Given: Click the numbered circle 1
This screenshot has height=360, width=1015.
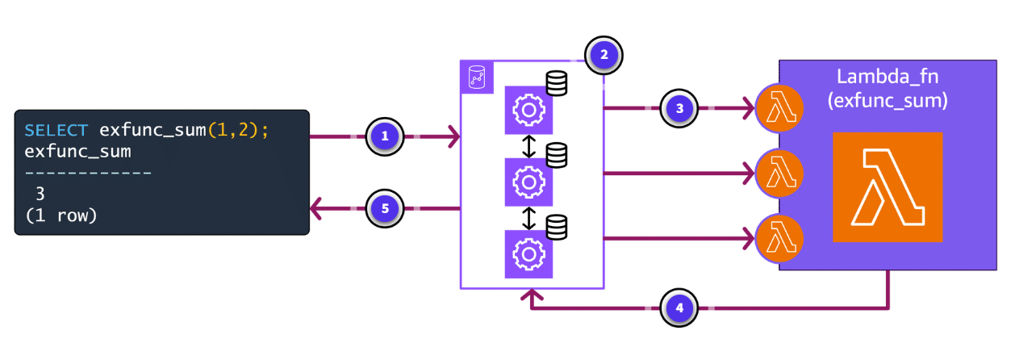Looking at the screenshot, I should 385,136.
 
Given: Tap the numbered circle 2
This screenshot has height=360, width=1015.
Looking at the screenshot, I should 603,55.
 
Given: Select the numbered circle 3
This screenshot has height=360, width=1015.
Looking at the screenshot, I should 680,107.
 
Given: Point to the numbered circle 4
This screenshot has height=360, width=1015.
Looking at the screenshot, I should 680,308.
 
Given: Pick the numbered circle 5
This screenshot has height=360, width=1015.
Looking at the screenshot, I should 385,208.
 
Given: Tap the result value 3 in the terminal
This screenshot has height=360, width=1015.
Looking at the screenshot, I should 40,195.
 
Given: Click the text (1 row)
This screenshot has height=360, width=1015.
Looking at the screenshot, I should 61,216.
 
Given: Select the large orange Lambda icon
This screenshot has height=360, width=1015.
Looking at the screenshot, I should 888,187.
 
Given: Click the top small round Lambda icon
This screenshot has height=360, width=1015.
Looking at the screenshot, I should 779,108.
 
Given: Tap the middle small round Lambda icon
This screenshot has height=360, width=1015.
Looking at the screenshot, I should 779,172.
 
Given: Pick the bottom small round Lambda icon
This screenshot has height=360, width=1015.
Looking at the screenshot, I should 779,237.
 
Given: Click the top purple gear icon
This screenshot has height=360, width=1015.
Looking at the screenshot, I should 529,110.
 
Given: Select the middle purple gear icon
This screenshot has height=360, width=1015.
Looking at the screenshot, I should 529,182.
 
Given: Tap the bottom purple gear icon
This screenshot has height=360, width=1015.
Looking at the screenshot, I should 529,254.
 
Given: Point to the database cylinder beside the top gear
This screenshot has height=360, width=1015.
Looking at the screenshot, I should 556,83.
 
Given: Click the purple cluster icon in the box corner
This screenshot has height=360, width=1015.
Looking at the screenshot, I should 475,77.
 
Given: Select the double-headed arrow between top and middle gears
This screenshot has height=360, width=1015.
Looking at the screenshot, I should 529,146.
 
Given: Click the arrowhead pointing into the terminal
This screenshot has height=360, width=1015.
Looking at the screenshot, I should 317,209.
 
